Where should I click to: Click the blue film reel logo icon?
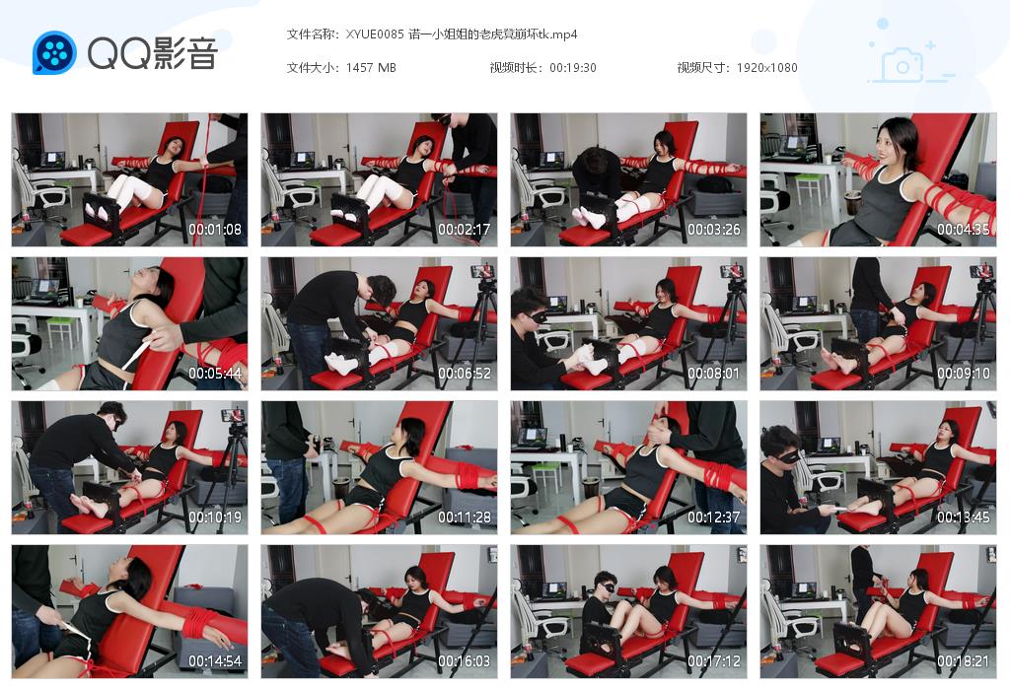click(54, 53)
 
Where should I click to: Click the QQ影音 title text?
click(152, 53)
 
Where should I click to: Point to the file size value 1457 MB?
click(371, 68)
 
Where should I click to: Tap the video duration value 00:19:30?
click(572, 68)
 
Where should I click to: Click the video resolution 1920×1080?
click(766, 68)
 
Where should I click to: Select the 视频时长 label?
click(515, 68)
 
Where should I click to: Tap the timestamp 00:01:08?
click(215, 230)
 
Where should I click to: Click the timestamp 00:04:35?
click(964, 230)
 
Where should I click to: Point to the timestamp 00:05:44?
click(215, 374)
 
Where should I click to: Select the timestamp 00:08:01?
click(714, 374)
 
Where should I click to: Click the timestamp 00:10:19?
click(215, 517)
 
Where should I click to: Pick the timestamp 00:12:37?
click(714, 517)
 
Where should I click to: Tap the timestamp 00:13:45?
click(964, 517)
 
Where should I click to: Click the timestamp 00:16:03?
click(465, 661)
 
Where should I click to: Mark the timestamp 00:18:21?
click(964, 661)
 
